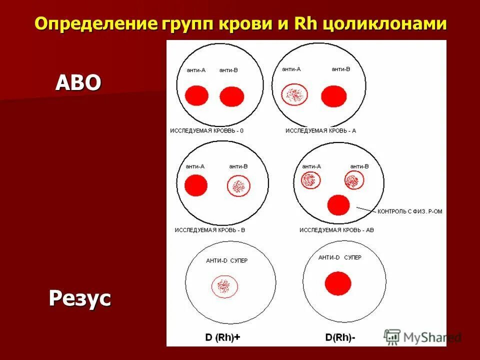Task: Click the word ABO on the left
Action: point(78,83)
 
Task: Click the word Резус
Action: point(79,298)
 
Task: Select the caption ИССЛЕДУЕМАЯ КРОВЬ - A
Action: point(320,130)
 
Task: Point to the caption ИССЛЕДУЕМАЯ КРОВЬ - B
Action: point(209,230)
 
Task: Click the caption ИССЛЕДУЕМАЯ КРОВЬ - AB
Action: point(336,230)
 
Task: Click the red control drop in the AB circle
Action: point(338,205)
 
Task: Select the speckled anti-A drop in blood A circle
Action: point(294,94)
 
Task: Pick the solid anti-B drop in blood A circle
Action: point(333,95)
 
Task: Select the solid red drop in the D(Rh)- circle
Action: point(337,283)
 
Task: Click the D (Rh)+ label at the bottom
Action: point(222,337)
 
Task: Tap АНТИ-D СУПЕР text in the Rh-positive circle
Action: point(226,260)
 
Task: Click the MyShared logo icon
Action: point(392,337)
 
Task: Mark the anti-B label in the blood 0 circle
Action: point(228,70)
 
